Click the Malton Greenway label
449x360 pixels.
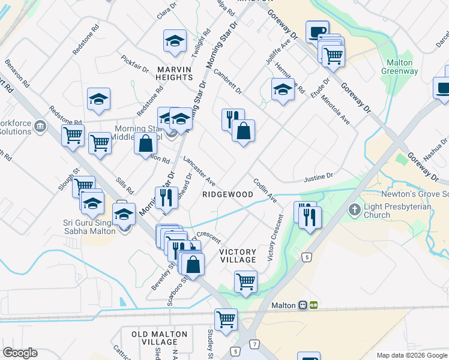coord(399,67)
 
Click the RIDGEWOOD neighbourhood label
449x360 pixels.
coord(228,195)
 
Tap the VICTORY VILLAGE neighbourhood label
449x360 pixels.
coord(238,256)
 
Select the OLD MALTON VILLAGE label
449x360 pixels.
coord(155,338)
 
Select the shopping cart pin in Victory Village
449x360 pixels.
coord(246,281)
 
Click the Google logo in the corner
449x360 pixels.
coord(20,353)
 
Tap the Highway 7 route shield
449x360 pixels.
coord(256,344)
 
